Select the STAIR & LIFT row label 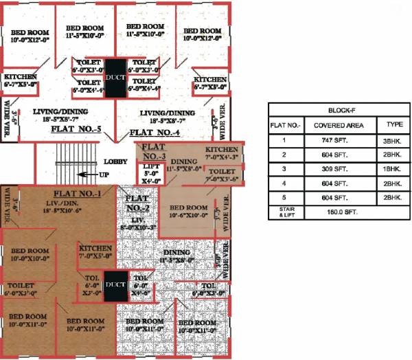283,212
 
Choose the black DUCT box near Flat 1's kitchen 115,285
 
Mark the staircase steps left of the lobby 63,159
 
